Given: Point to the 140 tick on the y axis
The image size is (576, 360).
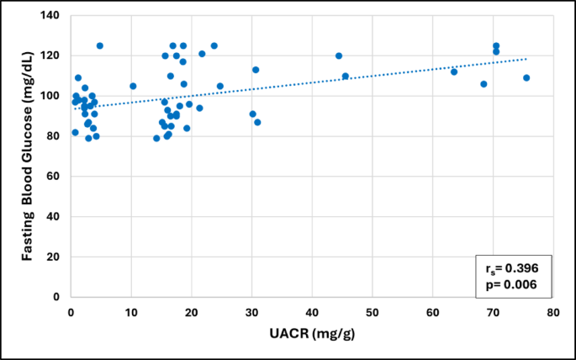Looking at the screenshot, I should point(54,16).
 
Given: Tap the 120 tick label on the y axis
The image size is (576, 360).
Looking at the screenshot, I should point(54,56).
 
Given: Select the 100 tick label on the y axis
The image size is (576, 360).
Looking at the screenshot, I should point(54,96).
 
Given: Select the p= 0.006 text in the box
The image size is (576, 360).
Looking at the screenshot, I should point(507,284).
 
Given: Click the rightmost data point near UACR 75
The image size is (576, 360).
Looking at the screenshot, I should point(526,77).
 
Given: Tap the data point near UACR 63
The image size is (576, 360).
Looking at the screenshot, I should point(454,71).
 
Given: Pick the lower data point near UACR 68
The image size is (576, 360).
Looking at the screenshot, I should point(484,84).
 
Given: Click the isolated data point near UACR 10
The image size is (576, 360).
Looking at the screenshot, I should point(133,86).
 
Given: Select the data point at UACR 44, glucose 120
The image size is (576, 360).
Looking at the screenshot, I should point(339,56).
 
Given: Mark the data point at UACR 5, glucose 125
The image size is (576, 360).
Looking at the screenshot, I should point(100,45).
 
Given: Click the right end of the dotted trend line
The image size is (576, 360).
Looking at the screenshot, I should point(527,59).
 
